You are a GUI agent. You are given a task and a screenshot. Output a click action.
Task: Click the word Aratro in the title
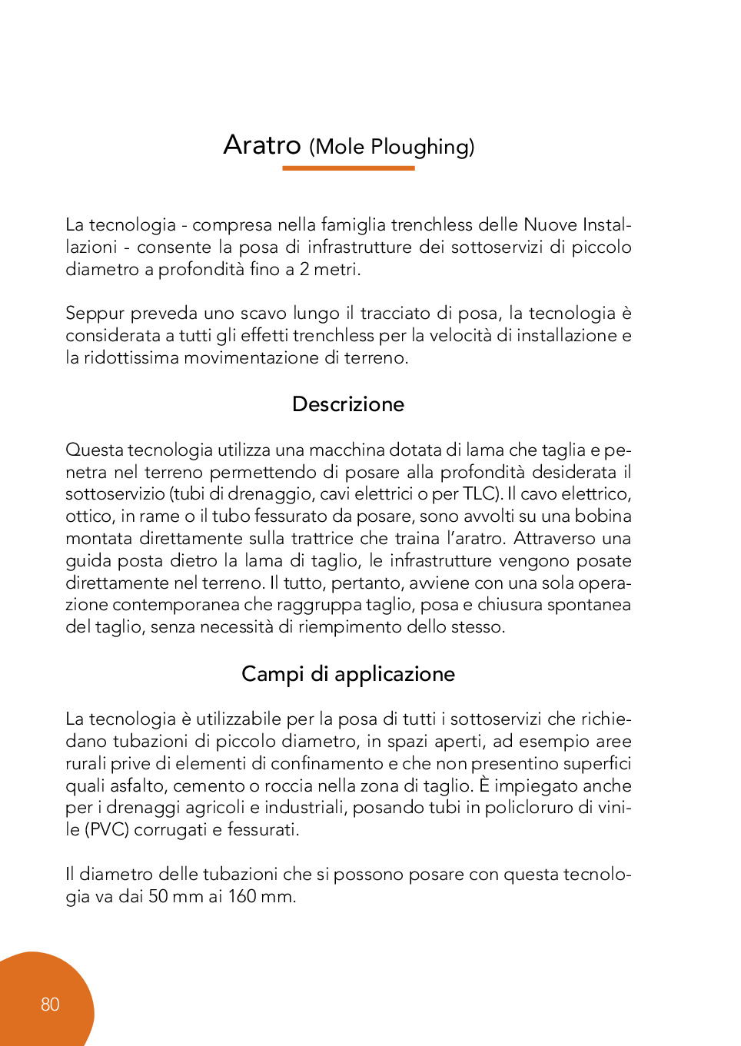(x=261, y=144)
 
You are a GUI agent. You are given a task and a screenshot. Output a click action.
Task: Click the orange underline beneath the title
(x=348, y=168)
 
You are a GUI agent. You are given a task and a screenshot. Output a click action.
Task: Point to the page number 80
(x=50, y=1004)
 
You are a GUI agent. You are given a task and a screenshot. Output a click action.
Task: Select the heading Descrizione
(x=348, y=404)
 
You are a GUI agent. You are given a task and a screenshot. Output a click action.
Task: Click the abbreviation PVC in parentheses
(x=107, y=830)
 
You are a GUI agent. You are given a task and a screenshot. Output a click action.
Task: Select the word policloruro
(x=530, y=808)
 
